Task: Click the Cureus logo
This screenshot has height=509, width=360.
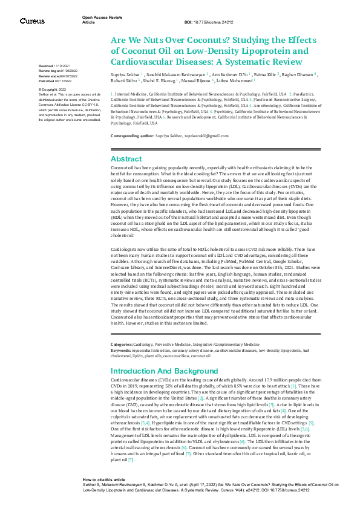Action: (x=31, y=21)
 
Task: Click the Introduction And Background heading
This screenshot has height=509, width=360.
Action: (x=165, y=370)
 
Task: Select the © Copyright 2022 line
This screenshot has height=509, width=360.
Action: (x=53, y=89)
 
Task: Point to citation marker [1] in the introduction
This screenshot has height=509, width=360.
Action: (x=293, y=385)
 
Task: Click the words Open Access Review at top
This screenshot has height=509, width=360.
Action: (x=99, y=18)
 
